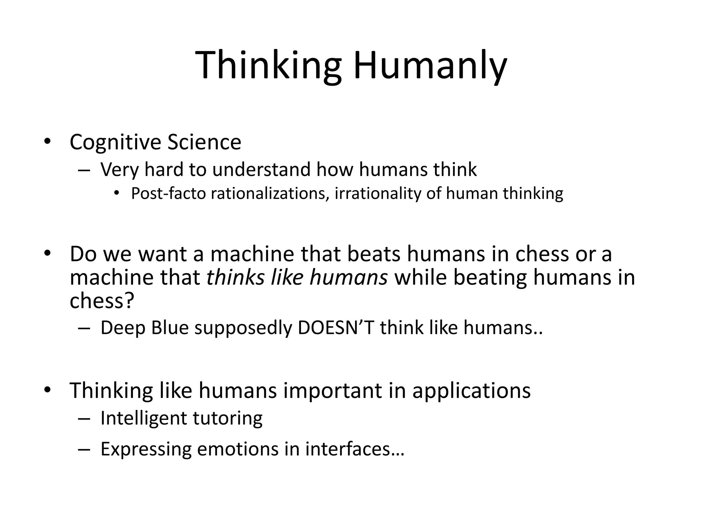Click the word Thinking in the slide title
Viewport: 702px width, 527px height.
click(x=268, y=65)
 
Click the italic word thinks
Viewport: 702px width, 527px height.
click(x=235, y=277)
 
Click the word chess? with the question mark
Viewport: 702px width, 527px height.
click(x=101, y=301)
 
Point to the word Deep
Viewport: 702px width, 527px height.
click(x=122, y=328)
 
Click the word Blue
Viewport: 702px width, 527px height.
click(x=170, y=328)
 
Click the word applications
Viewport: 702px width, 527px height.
click(x=471, y=390)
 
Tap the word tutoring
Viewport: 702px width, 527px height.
click(x=228, y=418)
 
